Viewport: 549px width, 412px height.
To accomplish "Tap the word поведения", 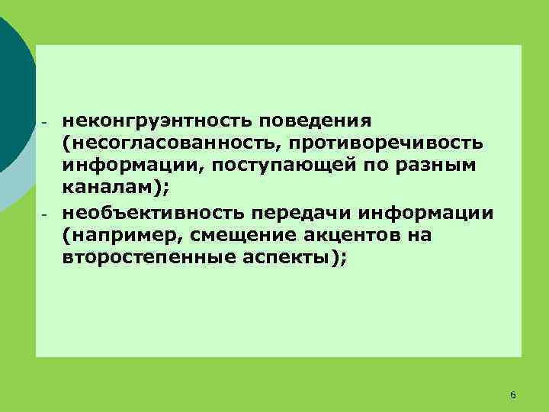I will tap(315, 121).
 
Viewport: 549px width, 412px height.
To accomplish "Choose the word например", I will tap(118, 235).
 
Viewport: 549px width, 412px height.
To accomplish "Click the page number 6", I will tap(512, 394).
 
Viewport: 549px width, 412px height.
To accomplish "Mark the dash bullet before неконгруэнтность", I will tap(45, 123).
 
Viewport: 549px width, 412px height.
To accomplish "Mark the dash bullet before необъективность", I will tap(45, 214).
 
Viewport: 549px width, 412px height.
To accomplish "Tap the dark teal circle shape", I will tap(11, 92).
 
